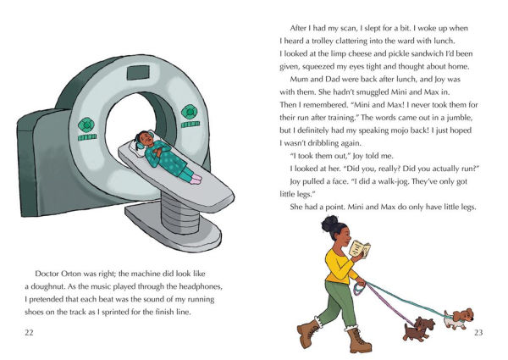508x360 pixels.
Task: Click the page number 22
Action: point(29,332)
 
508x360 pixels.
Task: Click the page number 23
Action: point(478,332)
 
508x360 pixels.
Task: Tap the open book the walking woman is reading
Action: point(361,249)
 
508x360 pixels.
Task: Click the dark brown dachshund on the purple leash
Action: point(418,329)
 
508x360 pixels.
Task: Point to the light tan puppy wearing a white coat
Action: point(458,318)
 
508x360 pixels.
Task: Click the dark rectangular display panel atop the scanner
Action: point(138,73)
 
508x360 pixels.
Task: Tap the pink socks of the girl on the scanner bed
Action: point(196,179)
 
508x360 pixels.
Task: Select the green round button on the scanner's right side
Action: point(190,112)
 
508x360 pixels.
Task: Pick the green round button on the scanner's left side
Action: point(86,125)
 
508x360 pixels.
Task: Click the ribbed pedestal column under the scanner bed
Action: point(180,213)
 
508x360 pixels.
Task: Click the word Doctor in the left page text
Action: point(46,274)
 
